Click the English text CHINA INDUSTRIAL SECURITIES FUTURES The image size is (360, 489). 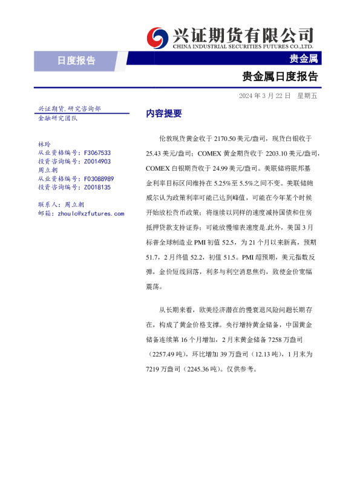[242, 46]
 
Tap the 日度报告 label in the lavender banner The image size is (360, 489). [76, 60]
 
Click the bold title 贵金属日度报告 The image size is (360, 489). [280, 77]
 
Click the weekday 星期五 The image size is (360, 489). [307, 96]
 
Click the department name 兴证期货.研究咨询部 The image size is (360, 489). [70, 108]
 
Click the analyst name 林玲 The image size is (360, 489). [44, 145]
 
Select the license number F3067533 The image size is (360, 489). [97, 153]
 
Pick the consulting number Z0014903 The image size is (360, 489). [97, 162]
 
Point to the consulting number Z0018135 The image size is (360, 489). [97, 188]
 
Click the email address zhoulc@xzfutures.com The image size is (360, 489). [90, 214]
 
